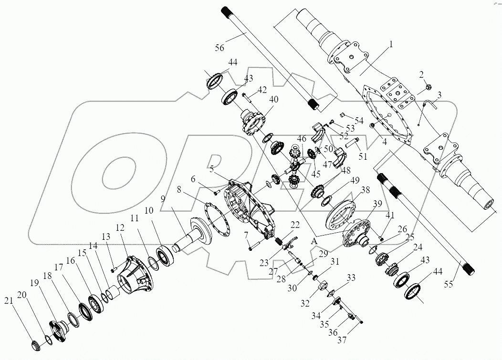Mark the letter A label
click(x=314, y=242)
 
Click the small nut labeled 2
click(x=428, y=88)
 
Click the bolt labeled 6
click(x=216, y=193)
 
